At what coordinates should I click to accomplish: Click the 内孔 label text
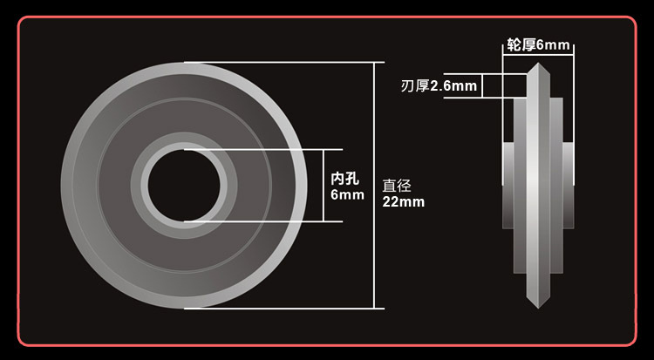(345, 179)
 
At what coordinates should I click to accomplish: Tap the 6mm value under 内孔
(347, 194)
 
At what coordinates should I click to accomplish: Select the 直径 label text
(397, 186)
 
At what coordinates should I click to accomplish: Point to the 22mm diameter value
(404, 202)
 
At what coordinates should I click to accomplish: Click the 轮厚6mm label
(538, 44)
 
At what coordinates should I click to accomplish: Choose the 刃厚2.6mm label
(439, 86)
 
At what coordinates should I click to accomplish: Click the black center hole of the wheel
(184, 186)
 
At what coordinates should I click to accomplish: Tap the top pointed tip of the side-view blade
(538, 64)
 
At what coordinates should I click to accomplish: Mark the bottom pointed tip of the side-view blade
(538, 308)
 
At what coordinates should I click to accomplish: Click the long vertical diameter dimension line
(374, 186)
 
